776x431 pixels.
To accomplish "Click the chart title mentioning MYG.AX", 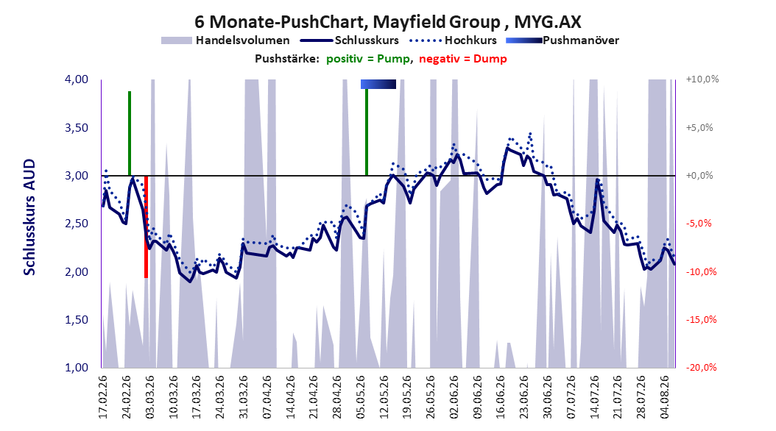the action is click(x=387, y=21).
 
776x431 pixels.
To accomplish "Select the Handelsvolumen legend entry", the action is click(x=225, y=40).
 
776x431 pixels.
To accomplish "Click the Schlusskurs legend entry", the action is click(x=350, y=40).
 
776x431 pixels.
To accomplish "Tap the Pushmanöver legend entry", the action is click(x=562, y=40).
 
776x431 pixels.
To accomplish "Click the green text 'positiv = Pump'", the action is click(x=367, y=59).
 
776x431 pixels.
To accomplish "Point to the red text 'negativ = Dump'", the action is click(x=463, y=59).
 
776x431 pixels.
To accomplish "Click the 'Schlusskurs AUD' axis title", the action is click(x=29, y=217).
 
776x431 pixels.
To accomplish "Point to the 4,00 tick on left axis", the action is click(x=77, y=79).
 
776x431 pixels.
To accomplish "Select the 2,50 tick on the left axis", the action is click(x=77, y=224).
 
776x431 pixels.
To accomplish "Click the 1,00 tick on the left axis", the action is click(x=77, y=367).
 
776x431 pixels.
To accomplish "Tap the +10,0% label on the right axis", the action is click(x=702, y=79).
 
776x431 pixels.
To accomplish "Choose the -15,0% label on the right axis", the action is click(x=701, y=319).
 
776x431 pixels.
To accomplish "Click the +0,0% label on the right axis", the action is click(x=699, y=176).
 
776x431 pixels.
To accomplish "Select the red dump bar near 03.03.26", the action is click(x=146, y=227).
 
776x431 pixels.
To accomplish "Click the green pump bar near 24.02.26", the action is click(x=130, y=133).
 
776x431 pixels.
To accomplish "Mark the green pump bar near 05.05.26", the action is click(x=367, y=132).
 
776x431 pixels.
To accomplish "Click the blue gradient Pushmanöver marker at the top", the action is click(x=378, y=84).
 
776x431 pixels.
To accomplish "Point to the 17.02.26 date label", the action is click(x=103, y=397).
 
